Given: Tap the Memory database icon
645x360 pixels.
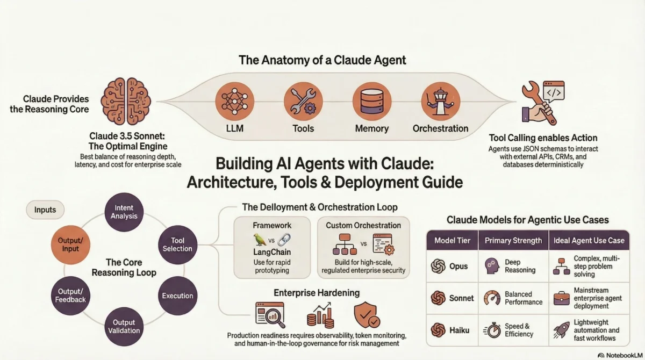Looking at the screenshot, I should point(371,101).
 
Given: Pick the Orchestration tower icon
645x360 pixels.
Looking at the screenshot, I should point(440,101).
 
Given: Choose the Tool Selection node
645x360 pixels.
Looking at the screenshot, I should point(177,243).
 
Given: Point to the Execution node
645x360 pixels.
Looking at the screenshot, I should point(177,296).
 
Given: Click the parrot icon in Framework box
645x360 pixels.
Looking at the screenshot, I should point(259,240).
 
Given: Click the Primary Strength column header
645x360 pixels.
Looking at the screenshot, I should point(513,240).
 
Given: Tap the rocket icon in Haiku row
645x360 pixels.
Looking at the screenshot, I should point(562,330).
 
